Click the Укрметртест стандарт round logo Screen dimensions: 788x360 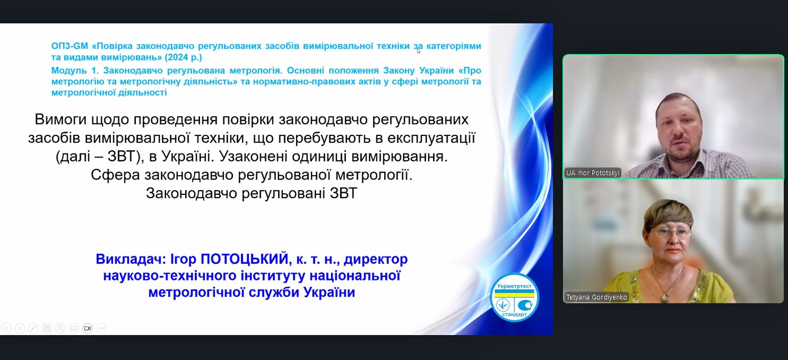[514, 297]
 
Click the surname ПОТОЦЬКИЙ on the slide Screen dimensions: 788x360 [244, 259]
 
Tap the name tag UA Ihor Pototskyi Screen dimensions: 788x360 [592, 173]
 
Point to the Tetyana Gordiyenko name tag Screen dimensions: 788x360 [596, 297]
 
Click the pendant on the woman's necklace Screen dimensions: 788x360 [665, 298]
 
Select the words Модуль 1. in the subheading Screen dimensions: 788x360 [75, 70]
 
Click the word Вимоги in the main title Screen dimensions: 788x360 [60, 120]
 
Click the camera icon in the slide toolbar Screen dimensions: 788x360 [87, 328]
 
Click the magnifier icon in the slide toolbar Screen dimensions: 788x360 [60, 328]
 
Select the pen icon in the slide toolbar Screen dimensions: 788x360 [33, 328]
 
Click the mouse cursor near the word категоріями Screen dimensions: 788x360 [419, 51]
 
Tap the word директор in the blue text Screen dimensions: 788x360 [376, 259]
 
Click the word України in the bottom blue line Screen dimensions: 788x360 [329, 292]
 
